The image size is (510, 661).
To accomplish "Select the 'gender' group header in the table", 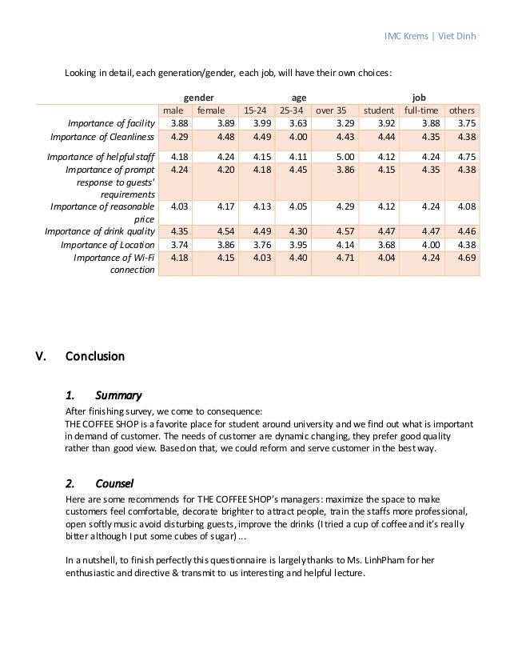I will click(199, 94).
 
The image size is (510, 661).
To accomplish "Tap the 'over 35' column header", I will click(331, 110).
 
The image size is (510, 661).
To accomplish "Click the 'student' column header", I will click(379, 110).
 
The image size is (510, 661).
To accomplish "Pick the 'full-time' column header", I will click(420, 110).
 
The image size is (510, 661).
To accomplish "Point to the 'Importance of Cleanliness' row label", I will click(102, 137).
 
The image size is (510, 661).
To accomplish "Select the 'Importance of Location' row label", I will click(107, 244).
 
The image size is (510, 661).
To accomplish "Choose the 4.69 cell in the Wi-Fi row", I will click(466, 257).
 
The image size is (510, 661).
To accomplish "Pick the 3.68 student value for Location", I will click(384, 244).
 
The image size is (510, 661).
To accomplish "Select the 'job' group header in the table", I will click(419, 94).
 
